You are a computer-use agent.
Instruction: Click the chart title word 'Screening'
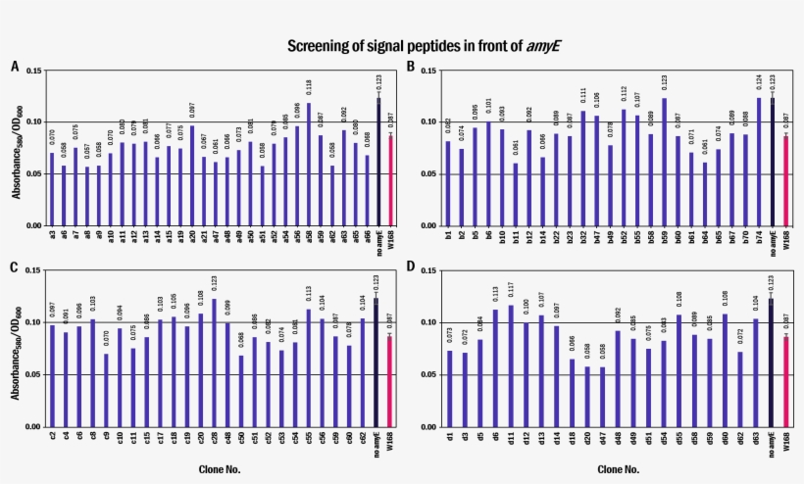click(315, 46)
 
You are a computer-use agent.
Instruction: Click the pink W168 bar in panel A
click(391, 180)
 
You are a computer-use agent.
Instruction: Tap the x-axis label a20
click(192, 237)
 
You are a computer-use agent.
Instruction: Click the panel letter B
click(411, 67)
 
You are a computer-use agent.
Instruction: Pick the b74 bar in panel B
click(758, 162)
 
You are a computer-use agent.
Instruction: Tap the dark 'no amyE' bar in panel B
click(772, 162)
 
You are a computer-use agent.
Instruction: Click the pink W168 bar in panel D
click(783, 382)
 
